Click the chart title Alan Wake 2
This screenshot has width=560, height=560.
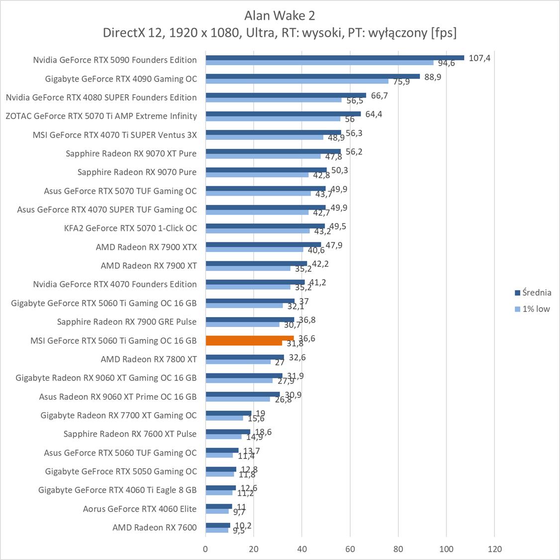tap(280, 15)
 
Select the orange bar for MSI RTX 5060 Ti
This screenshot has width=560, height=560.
tap(249, 338)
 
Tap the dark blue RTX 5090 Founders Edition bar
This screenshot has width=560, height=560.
tap(334, 58)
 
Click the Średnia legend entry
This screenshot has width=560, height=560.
tap(536, 293)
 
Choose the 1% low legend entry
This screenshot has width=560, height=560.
tap(536, 309)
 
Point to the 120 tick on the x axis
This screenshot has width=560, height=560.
tap(494, 549)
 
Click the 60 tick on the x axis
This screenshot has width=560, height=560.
tap(350, 549)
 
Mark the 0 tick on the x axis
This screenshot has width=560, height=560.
tap(205, 549)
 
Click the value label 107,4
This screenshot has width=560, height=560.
tap(479, 58)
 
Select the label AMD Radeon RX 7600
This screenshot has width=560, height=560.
tap(154, 528)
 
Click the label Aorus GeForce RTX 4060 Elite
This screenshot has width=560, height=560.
tap(140, 509)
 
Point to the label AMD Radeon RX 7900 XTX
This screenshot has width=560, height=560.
tap(146, 247)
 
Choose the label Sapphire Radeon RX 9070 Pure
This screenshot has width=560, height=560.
tap(137, 172)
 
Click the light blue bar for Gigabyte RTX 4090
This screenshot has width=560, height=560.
tap(296, 81)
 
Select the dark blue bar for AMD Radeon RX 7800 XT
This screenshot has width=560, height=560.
tap(245, 357)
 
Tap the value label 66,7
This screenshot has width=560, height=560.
tap(379, 96)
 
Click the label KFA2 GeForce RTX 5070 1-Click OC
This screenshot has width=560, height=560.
tap(130, 228)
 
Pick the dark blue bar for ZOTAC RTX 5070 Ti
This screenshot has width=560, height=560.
tap(283, 114)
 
